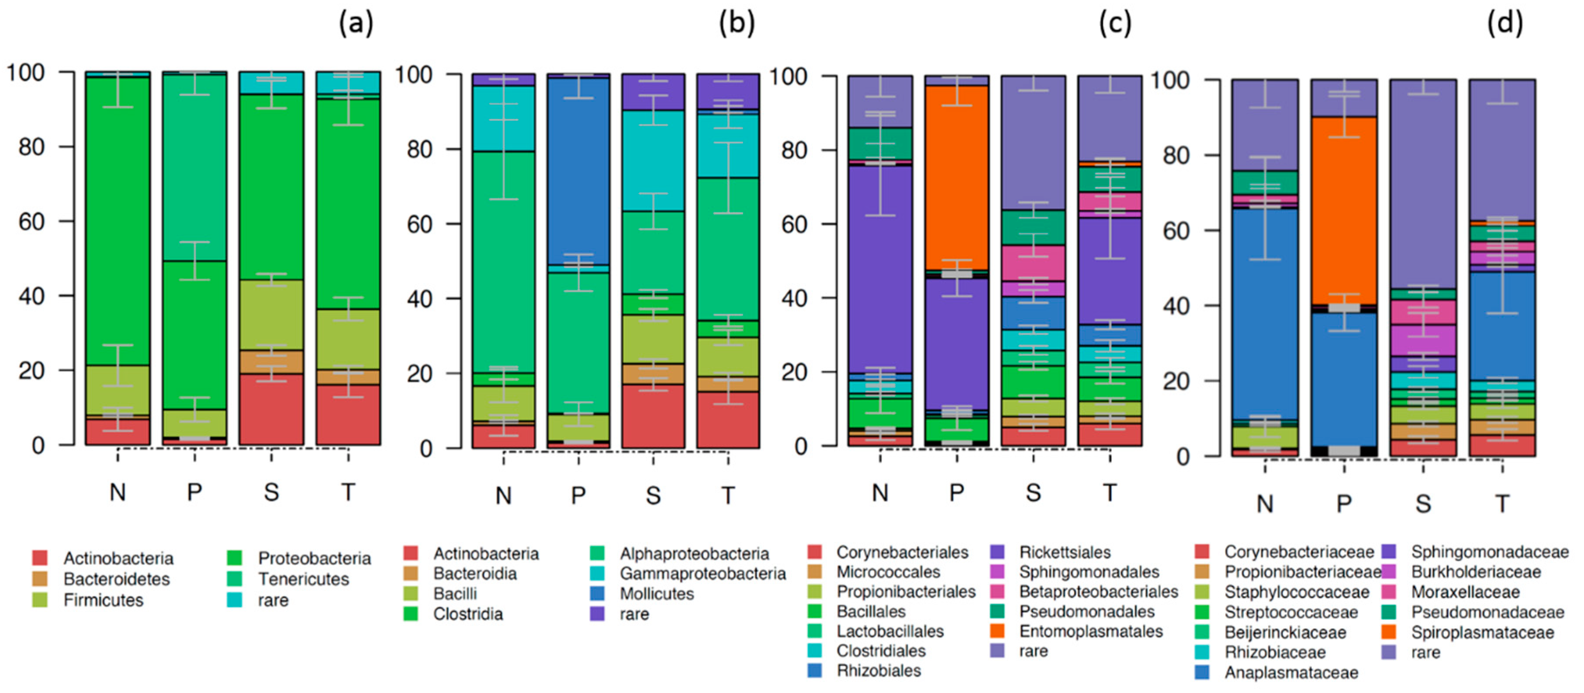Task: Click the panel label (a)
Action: (x=356, y=24)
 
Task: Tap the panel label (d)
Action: (x=1504, y=24)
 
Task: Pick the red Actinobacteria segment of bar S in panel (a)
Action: (x=271, y=409)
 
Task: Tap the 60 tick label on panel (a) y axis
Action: (x=31, y=222)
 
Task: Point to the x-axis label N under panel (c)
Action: (x=880, y=492)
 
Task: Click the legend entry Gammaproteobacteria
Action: (x=702, y=574)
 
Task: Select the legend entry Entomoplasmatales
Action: (x=1091, y=631)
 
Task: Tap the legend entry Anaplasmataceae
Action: (x=1291, y=673)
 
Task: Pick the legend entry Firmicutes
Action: (x=103, y=600)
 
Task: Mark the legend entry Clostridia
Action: (x=468, y=613)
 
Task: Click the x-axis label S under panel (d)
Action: (x=1423, y=504)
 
